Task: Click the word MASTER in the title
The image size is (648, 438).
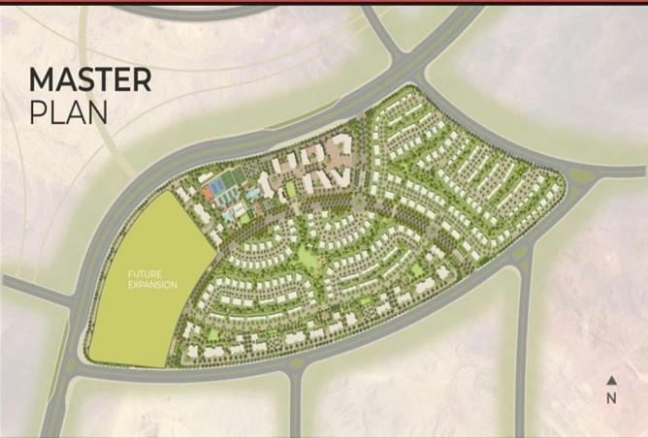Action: (x=90, y=79)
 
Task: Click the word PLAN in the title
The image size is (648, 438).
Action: (x=68, y=111)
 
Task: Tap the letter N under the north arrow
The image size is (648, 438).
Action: (x=611, y=397)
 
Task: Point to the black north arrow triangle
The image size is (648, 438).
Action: (x=611, y=381)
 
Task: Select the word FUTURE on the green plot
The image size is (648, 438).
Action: (x=143, y=274)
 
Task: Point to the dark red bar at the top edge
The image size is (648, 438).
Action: (x=324, y=2)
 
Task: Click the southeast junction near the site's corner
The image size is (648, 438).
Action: (x=523, y=255)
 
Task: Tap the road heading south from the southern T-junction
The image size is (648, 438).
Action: (x=294, y=407)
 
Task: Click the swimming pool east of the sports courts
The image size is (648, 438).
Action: (x=254, y=193)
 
